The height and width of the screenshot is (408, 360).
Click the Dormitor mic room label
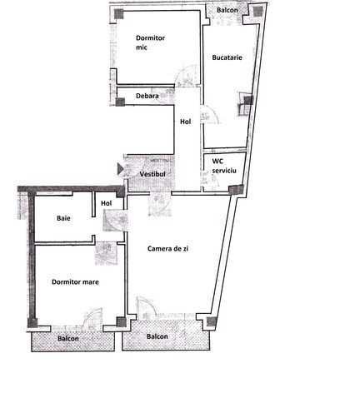(150, 42)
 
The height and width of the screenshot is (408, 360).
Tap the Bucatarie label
(227, 57)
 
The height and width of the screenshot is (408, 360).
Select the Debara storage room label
(147, 96)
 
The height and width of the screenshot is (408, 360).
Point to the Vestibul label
(152, 174)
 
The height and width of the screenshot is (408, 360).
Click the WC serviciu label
(224, 166)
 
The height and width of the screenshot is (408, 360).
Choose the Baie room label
(63, 218)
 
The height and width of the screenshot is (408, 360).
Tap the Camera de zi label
(167, 249)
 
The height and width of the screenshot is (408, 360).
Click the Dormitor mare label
(75, 282)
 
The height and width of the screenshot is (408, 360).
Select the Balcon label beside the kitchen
(227, 10)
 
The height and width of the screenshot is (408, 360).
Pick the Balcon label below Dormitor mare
(68, 339)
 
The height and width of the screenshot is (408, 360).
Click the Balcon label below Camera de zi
(157, 336)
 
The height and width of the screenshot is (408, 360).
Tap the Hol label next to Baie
(107, 203)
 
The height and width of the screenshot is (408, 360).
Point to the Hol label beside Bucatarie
(186, 122)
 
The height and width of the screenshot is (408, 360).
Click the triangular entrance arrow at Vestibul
(120, 169)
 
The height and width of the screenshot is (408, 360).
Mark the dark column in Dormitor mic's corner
(119, 13)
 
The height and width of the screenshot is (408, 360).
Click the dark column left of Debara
(120, 102)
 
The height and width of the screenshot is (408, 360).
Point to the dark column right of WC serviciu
(237, 190)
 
